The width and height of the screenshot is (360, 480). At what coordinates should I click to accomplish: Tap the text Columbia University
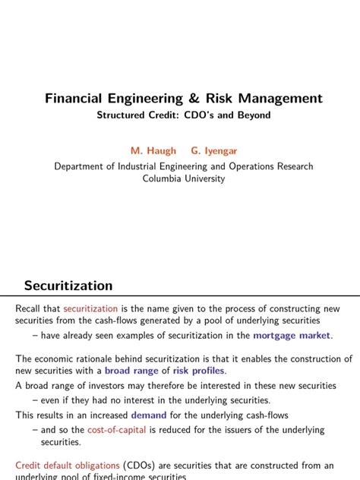183,178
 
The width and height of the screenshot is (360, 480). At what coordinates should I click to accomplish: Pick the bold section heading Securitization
68,286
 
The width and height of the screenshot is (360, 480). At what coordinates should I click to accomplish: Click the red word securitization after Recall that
90,308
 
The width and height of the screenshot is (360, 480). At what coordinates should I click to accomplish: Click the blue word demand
148,415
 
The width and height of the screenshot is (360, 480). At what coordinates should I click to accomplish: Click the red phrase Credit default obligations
67,465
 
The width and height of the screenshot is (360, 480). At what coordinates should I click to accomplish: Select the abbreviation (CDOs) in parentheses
141,465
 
